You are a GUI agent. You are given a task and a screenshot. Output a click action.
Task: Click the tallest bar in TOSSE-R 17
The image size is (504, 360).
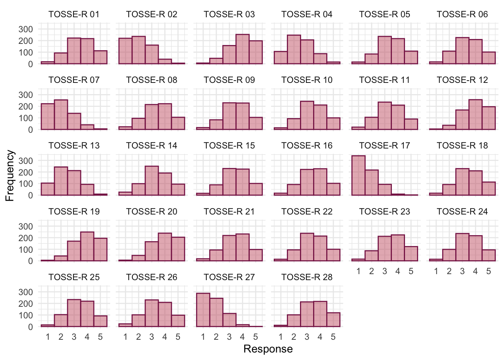[x=358, y=175]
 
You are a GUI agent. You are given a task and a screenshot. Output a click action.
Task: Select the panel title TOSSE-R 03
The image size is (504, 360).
[x=229, y=14]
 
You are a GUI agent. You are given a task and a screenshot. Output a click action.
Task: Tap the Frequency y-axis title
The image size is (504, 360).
[x=10, y=175]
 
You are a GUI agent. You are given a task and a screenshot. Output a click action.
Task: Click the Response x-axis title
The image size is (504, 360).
[x=268, y=349]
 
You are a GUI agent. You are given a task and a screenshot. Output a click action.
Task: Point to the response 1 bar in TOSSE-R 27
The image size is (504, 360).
[x=203, y=310]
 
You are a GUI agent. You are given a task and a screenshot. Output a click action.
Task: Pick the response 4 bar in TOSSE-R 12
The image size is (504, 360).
[x=475, y=115]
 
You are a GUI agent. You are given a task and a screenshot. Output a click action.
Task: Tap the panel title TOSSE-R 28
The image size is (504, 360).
[x=307, y=277]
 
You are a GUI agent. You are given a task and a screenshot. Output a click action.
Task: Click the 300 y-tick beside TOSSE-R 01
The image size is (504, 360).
[x=25, y=29]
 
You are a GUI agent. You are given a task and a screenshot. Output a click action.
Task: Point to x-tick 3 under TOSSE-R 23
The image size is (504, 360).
[x=385, y=271]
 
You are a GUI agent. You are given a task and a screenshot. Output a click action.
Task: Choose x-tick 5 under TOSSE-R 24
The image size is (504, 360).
[x=489, y=271]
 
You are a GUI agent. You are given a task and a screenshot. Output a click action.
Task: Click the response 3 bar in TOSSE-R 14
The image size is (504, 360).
[x=151, y=181]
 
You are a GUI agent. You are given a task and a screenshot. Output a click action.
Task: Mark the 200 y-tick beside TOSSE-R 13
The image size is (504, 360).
[x=25, y=172]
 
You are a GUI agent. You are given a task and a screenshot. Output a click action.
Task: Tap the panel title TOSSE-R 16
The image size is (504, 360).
[x=307, y=145]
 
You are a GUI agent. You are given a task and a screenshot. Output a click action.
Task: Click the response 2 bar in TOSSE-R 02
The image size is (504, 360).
[x=138, y=50]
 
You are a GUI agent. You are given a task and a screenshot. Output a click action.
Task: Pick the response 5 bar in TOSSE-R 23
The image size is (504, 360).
[x=411, y=253]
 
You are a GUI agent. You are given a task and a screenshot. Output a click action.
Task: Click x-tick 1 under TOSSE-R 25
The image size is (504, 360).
[x=48, y=337]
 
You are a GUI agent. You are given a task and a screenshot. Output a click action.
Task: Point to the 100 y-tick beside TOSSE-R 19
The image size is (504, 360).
[x=25, y=249]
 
